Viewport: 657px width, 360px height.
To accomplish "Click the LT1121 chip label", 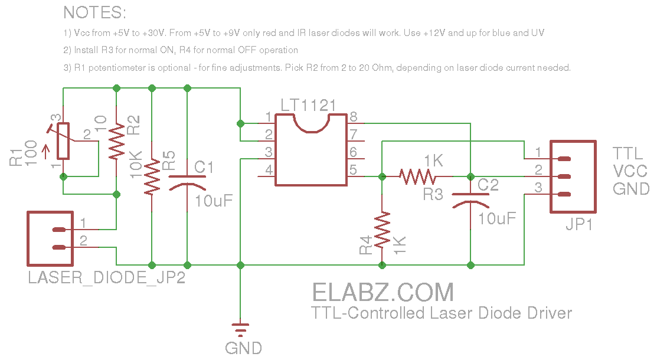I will tap(308, 106).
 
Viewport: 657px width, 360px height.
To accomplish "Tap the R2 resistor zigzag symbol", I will tap(116, 142).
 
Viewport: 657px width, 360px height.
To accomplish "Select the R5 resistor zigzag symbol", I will tap(152, 176).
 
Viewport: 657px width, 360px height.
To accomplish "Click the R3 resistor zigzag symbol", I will tap(418, 176).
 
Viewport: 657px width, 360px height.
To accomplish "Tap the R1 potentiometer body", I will tap(63, 141).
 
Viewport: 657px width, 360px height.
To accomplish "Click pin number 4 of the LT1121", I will tap(269, 170).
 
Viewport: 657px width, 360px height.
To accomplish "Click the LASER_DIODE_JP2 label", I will tap(107, 277).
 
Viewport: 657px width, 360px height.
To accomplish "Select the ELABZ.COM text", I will tap(383, 293).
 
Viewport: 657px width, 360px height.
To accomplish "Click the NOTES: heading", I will tap(94, 12).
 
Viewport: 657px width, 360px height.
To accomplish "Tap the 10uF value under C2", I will tap(498, 218).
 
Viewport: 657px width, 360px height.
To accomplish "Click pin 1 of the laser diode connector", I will tap(83, 223).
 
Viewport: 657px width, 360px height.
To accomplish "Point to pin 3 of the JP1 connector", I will tap(538, 188).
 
